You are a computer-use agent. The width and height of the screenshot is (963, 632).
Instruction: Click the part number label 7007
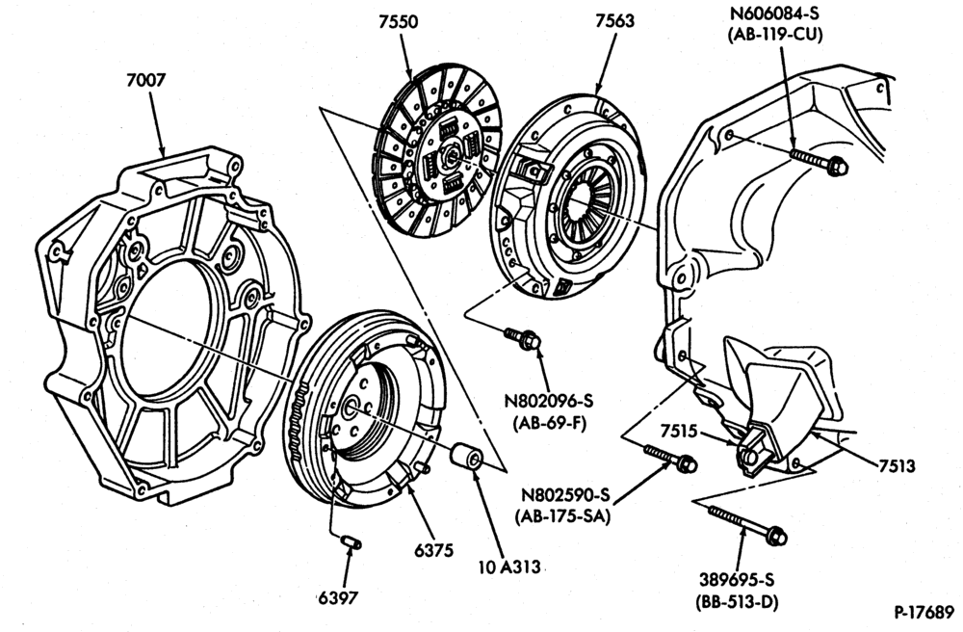pyautogui.click(x=146, y=81)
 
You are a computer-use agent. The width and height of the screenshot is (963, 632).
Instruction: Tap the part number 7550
pyautogui.click(x=398, y=22)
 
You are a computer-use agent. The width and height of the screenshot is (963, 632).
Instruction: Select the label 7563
pyautogui.click(x=614, y=21)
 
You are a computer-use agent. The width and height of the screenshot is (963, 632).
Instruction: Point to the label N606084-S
pyautogui.click(x=775, y=13)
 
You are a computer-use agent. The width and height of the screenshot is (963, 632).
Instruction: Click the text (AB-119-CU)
pyautogui.click(x=775, y=35)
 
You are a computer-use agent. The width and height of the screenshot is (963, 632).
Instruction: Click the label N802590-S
pyautogui.click(x=565, y=495)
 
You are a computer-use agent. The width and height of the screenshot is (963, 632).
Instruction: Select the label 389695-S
pyautogui.click(x=737, y=580)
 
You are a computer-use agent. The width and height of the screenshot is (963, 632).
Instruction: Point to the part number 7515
pyautogui.click(x=679, y=432)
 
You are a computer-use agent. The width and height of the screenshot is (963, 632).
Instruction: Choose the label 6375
pyautogui.click(x=433, y=550)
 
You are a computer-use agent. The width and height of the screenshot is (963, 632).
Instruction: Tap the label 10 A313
pyautogui.click(x=509, y=566)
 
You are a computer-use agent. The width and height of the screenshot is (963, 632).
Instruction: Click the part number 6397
pyautogui.click(x=338, y=597)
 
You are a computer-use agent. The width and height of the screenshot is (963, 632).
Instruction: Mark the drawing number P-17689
pyautogui.click(x=924, y=613)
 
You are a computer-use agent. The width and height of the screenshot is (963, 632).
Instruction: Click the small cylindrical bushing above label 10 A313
pyautogui.click(x=467, y=457)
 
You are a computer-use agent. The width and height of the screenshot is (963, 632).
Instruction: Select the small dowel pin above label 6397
pyautogui.click(x=351, y=542)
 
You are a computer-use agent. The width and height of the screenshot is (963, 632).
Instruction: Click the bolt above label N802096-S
pyautogui.click(x=523, y=338)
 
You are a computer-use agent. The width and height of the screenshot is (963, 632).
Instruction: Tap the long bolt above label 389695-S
pyautogui.click(x=747, y=524)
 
